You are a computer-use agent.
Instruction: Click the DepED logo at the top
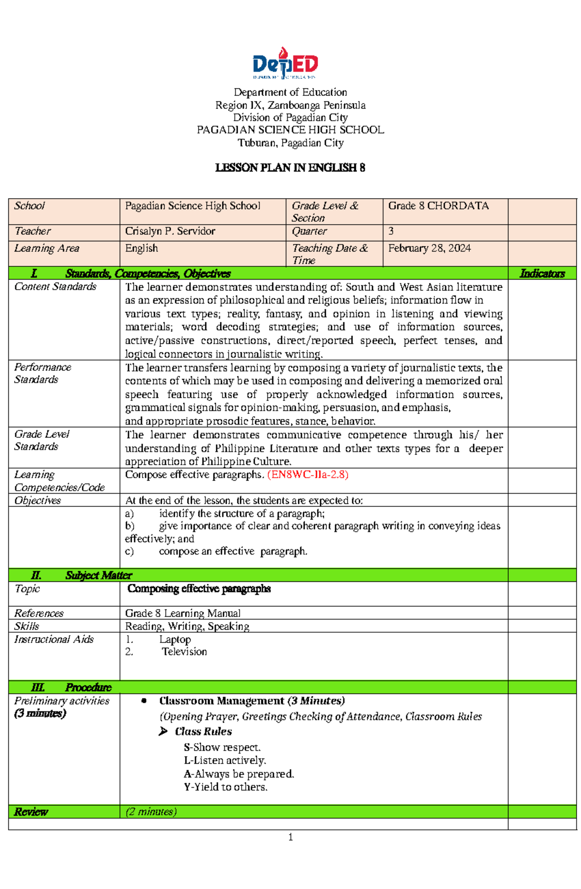285,64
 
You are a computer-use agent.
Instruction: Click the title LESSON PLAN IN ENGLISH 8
290,168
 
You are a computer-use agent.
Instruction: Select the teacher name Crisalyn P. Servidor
170,231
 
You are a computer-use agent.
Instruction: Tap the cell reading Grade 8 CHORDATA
438,206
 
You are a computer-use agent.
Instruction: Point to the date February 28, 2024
429,248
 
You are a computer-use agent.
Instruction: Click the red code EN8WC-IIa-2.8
308,474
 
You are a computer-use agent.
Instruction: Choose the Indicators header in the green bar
542,274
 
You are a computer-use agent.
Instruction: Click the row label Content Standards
55,287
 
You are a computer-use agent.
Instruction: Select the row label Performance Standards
43,373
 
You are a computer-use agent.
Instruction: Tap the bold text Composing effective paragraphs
199,589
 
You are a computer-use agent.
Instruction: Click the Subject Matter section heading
98,575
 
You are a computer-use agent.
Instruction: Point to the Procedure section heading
88,687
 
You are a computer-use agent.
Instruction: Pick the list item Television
184,652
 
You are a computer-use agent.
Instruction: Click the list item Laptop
175,639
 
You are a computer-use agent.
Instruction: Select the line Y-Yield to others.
225,787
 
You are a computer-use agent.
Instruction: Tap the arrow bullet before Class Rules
163,732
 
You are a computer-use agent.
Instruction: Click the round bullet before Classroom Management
144,701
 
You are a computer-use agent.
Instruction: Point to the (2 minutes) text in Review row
151,811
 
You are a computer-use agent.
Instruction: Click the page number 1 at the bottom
290,837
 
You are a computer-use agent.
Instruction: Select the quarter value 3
391,231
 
